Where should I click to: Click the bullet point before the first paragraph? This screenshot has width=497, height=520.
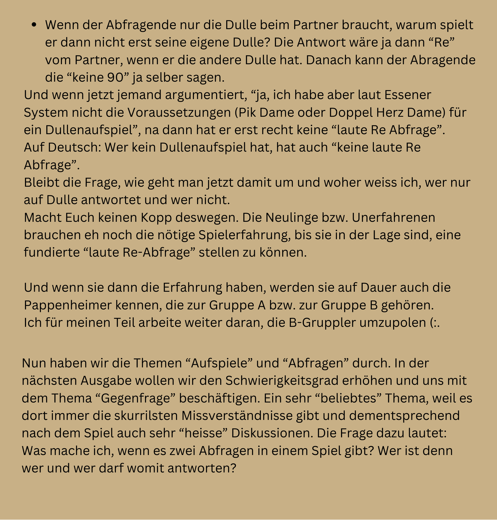[34, 25]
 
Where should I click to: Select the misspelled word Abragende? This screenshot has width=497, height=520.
[443, 60]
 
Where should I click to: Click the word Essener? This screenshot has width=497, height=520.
[408, 95]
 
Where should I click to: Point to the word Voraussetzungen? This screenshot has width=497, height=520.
[179, 113]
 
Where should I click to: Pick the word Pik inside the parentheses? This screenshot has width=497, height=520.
[246, 113]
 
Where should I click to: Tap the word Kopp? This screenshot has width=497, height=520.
[156, 218]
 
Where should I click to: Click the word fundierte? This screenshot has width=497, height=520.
[52, 252]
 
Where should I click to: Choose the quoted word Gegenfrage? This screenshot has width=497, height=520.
[136, 398]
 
